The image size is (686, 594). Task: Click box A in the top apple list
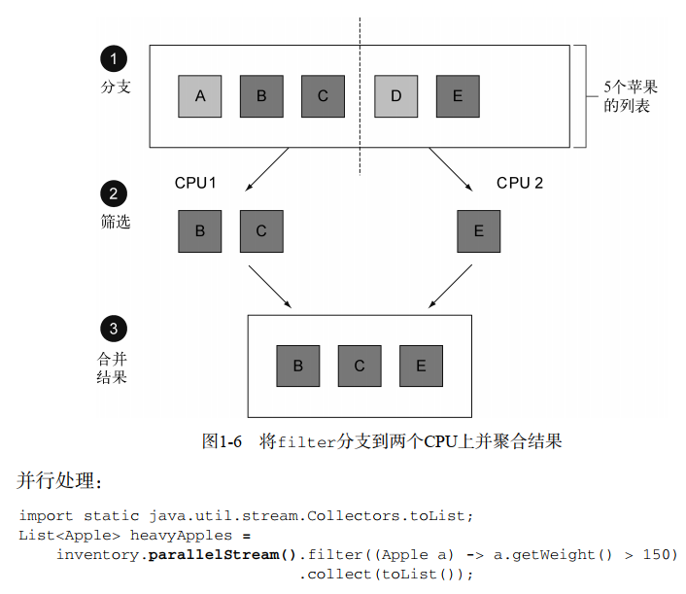[x=200, y=95]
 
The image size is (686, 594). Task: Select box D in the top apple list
[x=395, y=95]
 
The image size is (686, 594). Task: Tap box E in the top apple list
[x=457, y=95]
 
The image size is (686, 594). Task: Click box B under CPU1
[x=200, y=230]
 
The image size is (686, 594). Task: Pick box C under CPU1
[x=260, y=230]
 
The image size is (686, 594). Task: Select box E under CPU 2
[x=478, y=230]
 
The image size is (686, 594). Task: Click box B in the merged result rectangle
[x=298, y=366]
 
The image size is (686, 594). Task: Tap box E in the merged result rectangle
[x=421, y=366]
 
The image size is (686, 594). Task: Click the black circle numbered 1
[x=114, y=59]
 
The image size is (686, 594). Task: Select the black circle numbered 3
[x=114, y=329]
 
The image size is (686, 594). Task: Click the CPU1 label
[x=195, y=183]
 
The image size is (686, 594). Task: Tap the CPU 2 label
[x=520, y=183]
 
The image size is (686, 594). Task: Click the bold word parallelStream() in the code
[x=223, y=554]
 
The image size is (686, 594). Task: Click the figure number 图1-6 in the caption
[x=222, y=441]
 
